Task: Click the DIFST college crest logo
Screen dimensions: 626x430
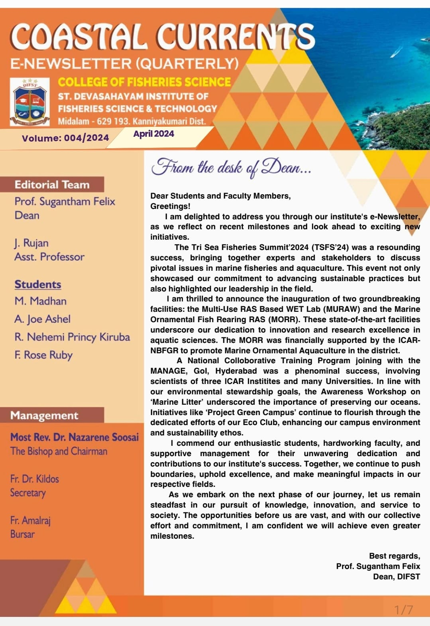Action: [30, 102]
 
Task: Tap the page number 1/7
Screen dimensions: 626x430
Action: [403, 610]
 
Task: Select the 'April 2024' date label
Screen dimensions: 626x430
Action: [153, 134]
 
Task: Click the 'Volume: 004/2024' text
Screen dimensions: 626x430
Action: [65, 138]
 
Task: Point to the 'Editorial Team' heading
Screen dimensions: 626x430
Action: [52, 185]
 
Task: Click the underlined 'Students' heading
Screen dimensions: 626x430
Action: [38, 284]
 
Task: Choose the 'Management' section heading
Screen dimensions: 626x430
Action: [44, 415]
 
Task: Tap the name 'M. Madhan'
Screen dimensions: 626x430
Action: [41, 301]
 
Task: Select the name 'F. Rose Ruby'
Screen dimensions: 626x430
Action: [43, 355]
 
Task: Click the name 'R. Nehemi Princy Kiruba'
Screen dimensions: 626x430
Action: [72, 337]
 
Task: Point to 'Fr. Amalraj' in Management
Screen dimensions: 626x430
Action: [30, 520]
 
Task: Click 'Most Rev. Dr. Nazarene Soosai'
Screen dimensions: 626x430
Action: [75, 437]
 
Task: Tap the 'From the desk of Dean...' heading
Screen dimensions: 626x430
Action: [231, 167]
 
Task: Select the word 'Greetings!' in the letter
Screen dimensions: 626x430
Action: [170, 206]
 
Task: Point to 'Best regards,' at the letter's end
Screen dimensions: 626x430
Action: [394, 556]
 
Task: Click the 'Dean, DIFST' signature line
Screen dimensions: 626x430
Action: [396, 577]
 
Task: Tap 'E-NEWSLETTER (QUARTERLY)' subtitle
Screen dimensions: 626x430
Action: [124, 63]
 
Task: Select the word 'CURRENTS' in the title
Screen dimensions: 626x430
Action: [235, 37]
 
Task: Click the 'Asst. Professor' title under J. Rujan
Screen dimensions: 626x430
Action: [49, 257]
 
